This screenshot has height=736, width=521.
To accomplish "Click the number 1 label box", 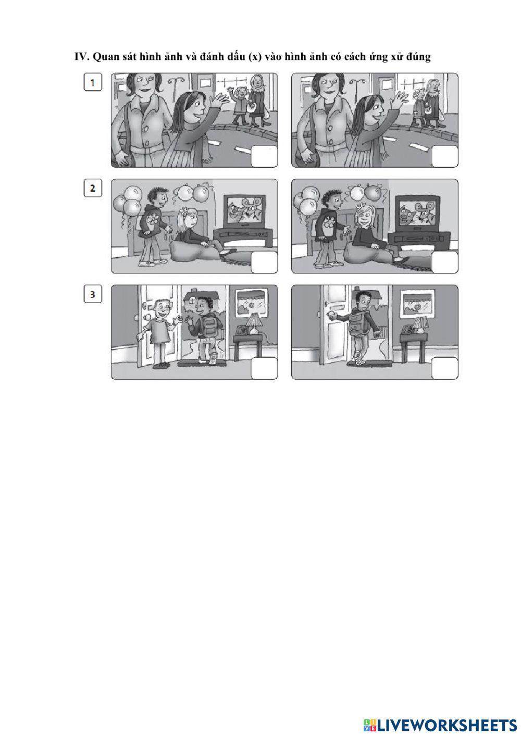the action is [x=92, y=82].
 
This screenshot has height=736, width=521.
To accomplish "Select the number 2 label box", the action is [x=92, y=188].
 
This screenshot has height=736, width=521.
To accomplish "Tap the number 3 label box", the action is [x=92, y=294].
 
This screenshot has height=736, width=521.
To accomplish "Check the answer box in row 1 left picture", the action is [x=264, y=157].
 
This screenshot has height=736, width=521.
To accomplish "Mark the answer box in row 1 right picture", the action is [x=444, y=157].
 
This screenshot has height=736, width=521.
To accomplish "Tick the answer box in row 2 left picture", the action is [x=264, y=263].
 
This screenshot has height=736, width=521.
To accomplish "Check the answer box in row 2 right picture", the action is [x=444, y=263].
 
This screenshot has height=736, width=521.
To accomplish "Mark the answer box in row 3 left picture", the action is [x=264, y=368].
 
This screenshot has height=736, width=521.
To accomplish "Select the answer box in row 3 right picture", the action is [x=444, y=368].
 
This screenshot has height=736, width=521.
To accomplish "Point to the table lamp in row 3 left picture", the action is [x=254, y=323].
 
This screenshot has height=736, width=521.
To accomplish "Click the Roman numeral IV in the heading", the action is [x=81, y=57].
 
